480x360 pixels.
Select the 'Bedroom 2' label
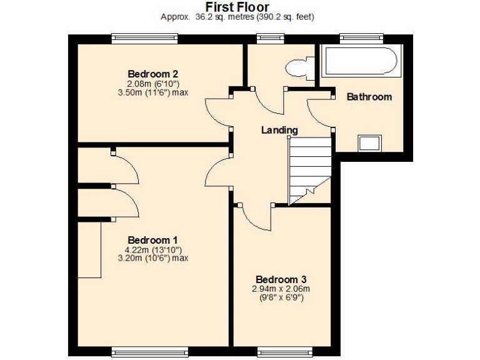pyautogui.click(x=149, y=73)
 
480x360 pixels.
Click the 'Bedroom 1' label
pyautogui.click(x=153, y=240)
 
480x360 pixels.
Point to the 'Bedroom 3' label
pyautogui.click(x=281, y=279)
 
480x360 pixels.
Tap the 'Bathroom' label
pyautogui.click(x=369, y=97)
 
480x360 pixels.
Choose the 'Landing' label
pyautogui.click(x=279, y=130)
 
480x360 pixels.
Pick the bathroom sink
pyautogui.click(x=369, y=144)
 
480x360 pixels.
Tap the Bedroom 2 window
pyautogui.click(x=144, y=39)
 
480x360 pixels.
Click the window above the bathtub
pyautogui.click(x=352, y=39)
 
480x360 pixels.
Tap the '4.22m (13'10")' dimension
pyautogui.click(x=153, y=249)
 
